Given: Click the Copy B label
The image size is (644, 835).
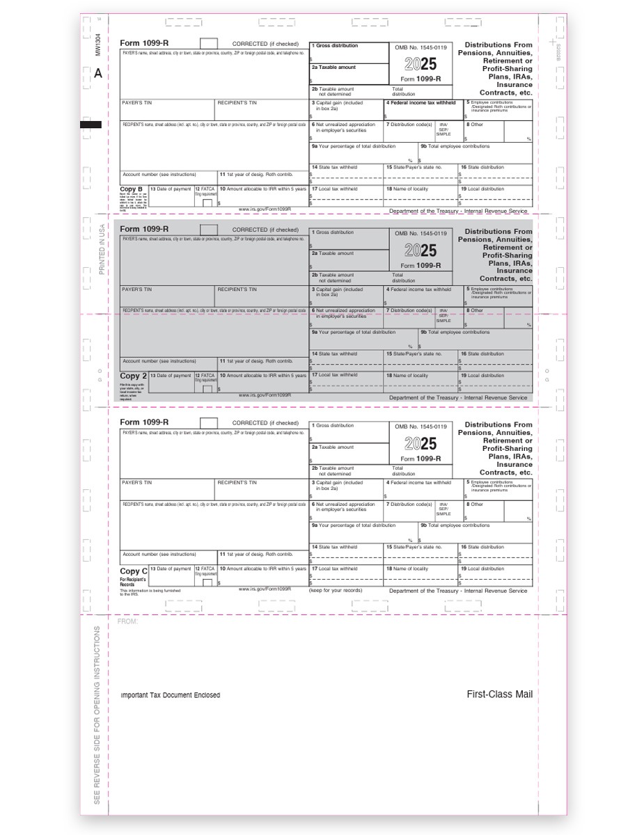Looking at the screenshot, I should click(132, 189).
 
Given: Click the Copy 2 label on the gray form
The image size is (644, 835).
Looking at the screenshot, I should click(132, 376).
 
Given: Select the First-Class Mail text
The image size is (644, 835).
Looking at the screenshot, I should click(499, 694).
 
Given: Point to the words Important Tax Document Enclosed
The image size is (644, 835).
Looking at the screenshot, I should click(170, 695).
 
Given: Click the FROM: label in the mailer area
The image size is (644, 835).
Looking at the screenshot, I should click(127, 621).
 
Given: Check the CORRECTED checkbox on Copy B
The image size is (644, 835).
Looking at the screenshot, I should click(209, 44).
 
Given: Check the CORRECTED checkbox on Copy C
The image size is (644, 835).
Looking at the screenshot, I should click(209, 422).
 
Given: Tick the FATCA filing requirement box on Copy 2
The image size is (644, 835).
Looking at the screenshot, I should click(207, 389).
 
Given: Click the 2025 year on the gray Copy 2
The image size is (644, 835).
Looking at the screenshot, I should click(421, 250).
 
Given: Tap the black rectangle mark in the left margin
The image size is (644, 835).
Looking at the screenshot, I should click(91, 125).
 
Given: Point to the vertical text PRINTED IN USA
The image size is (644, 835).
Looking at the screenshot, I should click(101, 249).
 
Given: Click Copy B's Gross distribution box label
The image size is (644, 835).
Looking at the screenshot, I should click(336, 46).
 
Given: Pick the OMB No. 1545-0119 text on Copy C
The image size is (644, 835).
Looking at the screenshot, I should click(421, 426).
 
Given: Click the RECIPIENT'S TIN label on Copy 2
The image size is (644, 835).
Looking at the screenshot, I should click(237, 289).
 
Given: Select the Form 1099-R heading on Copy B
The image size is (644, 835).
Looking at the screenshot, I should click(144, 43).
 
